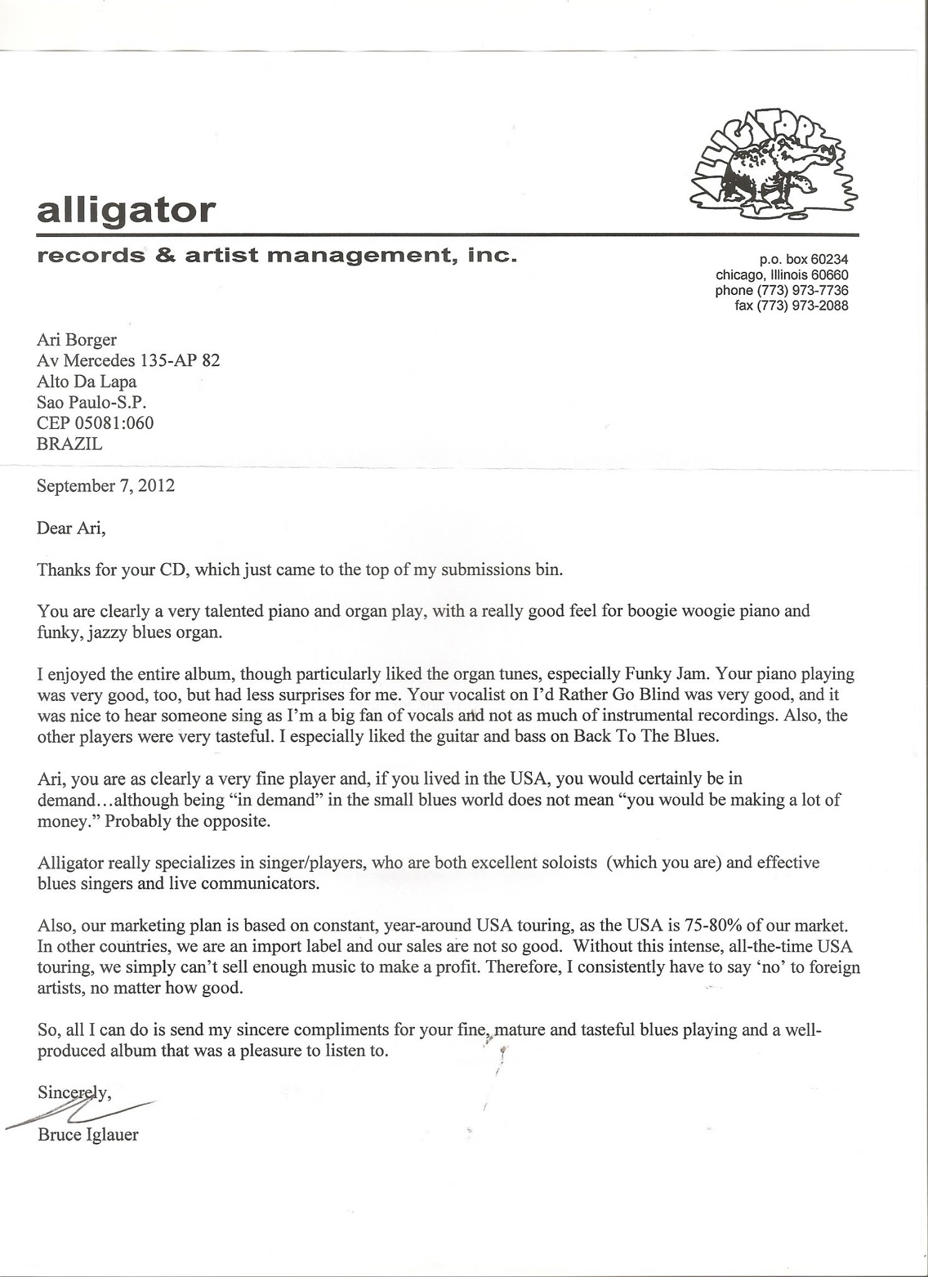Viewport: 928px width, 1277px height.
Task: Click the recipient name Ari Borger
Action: tap(77, 340)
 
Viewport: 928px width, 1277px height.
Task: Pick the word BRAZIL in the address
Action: tap(69, 444)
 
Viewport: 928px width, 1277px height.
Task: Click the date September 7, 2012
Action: tap(105, 486)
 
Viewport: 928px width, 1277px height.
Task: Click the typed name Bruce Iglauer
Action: tap(88, 1134)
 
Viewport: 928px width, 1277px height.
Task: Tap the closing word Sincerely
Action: tap(74, 1092)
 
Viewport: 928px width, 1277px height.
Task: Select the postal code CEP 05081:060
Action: tap(95, 423)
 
